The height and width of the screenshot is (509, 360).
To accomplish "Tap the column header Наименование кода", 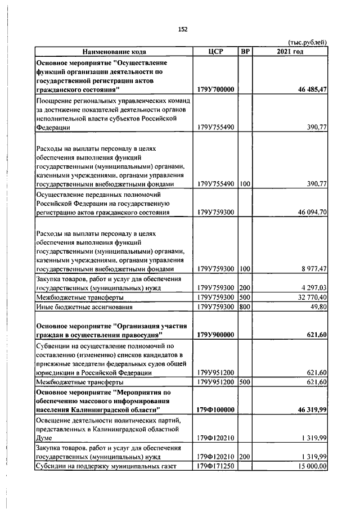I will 114,52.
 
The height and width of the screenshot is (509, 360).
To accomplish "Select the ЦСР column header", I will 215,52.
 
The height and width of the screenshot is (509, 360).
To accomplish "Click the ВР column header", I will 245,52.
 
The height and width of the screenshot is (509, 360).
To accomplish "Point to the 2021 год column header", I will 290,52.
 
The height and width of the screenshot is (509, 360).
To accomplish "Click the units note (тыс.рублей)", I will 307,43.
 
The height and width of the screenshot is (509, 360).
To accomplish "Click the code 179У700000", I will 215,89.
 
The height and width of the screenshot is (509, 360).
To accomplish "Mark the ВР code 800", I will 245,307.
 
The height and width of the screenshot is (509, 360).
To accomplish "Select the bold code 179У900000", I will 215,335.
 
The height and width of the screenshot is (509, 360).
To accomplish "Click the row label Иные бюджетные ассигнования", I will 84,307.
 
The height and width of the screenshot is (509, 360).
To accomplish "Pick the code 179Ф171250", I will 215,466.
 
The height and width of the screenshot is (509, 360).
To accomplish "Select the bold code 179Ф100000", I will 215,410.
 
